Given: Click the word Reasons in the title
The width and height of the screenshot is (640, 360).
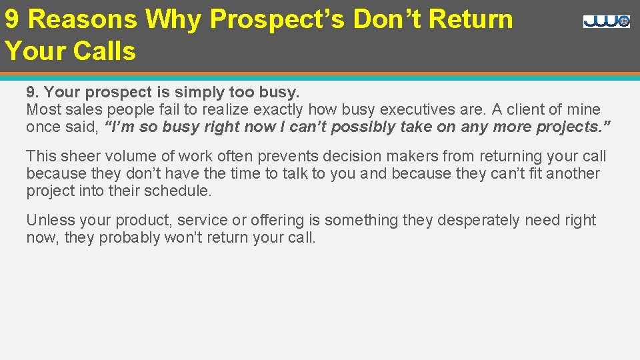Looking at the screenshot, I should [83, 19].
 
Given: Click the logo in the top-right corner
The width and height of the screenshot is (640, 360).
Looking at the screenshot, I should [606, 21].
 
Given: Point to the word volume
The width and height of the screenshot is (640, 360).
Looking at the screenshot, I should [125, 156].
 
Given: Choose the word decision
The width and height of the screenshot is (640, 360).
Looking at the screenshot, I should [351, 156].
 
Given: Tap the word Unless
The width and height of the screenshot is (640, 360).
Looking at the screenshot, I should [47, 220].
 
